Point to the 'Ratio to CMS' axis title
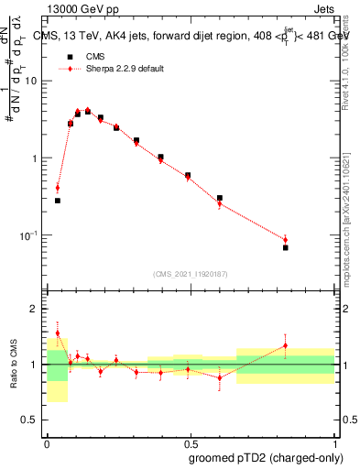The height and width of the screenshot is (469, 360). (15, 365)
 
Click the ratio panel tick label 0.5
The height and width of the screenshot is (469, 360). (31, 420)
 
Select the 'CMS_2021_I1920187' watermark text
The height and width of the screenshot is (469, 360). (190, 273)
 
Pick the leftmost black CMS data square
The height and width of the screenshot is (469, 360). (58, 200)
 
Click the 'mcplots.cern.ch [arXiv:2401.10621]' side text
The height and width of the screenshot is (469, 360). (350, 212)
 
